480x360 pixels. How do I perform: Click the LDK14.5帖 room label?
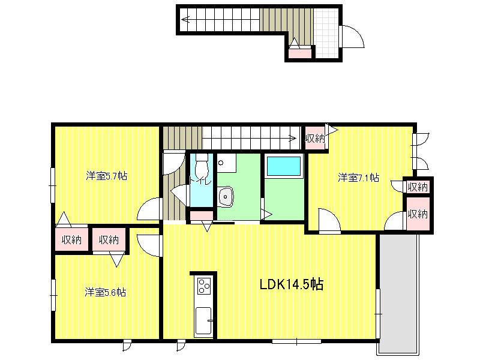click(x=292, y=284)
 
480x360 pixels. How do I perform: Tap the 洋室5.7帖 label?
click(x=106, y=176)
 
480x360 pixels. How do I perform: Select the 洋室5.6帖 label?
click(x=106, y=292)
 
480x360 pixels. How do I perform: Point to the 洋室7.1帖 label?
click(x=358, y=178)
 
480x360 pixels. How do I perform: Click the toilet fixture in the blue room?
click(x=202, y=166)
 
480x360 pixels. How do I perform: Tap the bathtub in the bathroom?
click(x=284, y=166)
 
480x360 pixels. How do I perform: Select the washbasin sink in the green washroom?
click(x=226, y=197)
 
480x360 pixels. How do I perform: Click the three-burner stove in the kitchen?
click(x=203, y=286)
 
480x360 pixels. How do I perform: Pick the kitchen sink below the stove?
click(x=203, y=321)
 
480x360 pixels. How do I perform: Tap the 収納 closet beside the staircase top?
click(x=314, y=139)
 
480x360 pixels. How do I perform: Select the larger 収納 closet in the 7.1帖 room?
click(x=418, y=214)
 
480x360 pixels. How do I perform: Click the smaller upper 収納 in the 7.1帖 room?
click(x=418, y=187)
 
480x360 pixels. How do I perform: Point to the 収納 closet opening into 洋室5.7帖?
click(x=71, y=239)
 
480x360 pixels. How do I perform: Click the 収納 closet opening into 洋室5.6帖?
click(x=109, y=239)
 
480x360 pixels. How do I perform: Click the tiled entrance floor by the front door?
click(x=327, y=33)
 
